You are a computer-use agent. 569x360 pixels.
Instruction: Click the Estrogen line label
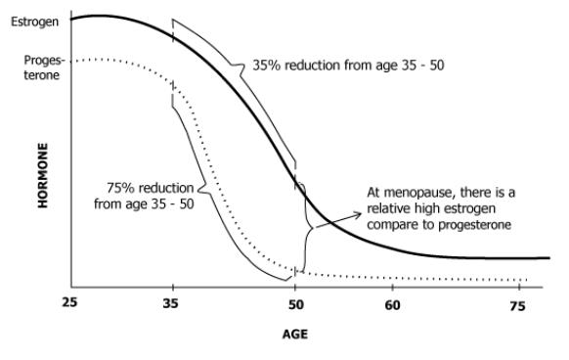[34, 22]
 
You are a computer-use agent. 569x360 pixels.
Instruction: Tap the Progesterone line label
[43, 67]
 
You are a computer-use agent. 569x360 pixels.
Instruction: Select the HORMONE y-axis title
[43, 175]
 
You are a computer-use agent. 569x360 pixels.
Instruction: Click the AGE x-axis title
[295, 335]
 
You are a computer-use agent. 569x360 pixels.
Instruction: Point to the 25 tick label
[69, 302]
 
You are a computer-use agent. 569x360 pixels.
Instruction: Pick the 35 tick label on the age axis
[170, 303]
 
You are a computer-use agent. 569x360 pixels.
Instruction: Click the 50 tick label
[296, 304]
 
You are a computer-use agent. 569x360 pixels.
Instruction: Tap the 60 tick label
[392, 305]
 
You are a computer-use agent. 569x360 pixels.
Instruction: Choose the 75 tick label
[517, 306]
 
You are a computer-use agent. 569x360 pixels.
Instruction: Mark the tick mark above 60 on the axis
[393, 287]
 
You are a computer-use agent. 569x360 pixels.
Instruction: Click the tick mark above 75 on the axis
[520, 287]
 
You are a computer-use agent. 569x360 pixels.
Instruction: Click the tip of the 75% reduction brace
[198, 189]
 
